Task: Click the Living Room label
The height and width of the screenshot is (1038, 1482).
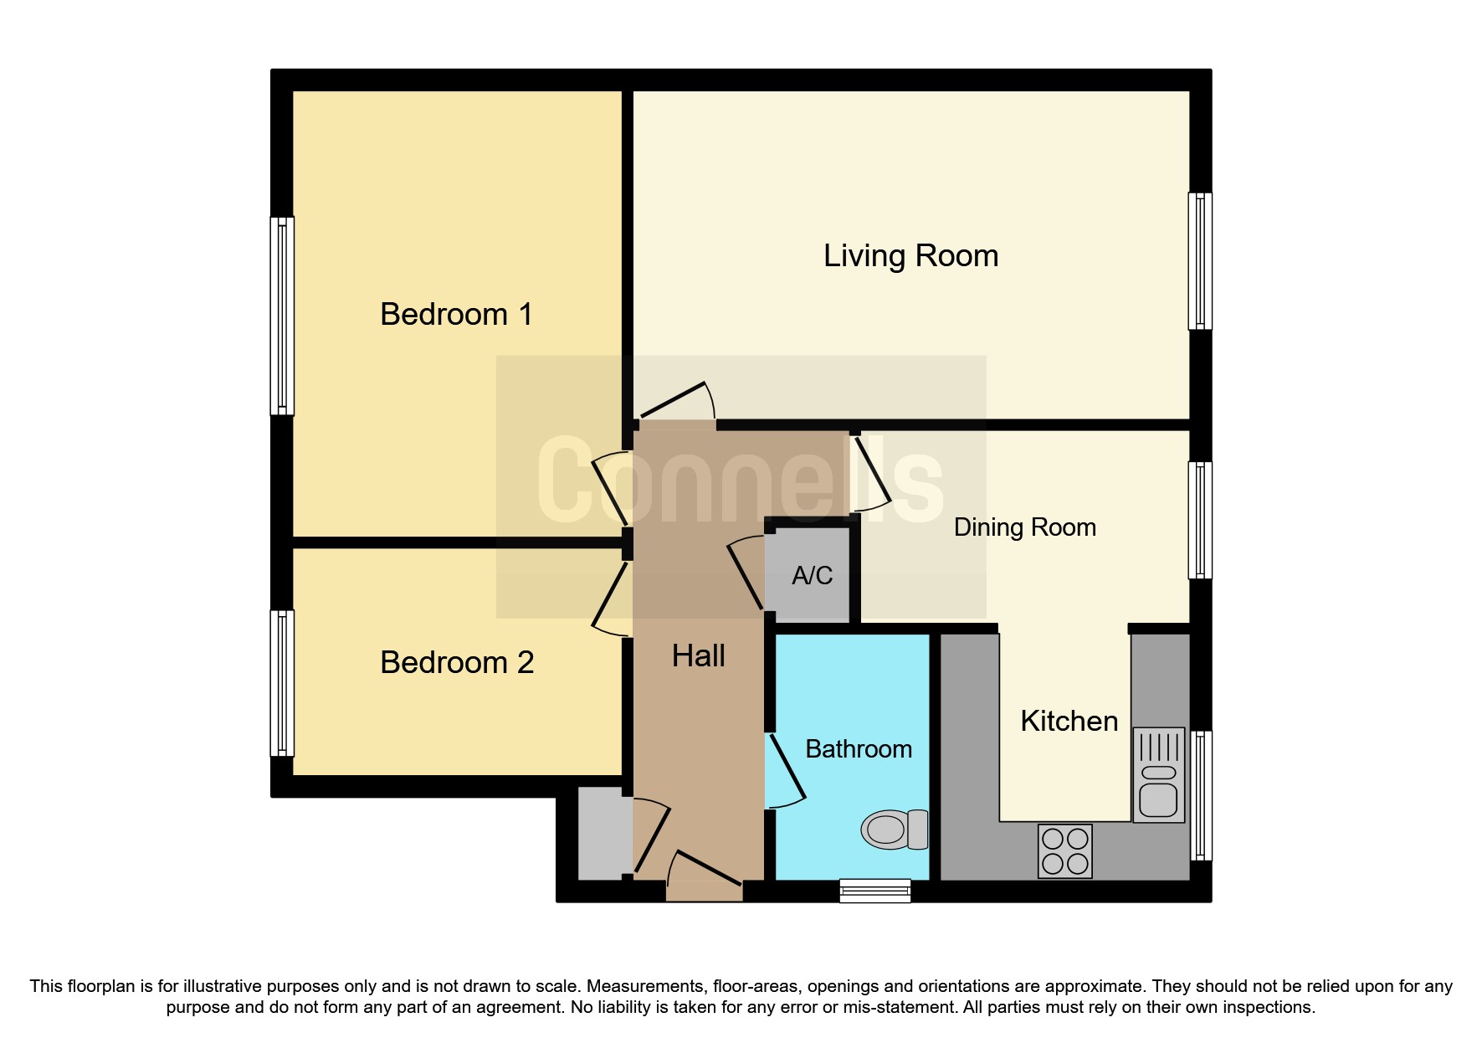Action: (910, 256)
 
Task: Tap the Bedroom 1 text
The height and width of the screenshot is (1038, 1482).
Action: (456, 315)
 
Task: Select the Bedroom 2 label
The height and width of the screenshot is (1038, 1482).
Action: (456, 663)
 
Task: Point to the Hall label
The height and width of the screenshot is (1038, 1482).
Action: (698, 656)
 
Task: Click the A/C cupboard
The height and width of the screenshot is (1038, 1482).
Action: (810, 575)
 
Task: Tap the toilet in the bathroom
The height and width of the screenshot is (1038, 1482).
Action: (895, 830)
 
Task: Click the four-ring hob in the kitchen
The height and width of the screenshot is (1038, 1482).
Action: (1064, 851)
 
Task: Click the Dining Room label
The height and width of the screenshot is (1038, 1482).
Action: (1024, 527)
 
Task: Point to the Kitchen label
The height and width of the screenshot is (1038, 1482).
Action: (1069, 722)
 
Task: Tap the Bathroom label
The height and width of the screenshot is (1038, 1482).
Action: (858, 749)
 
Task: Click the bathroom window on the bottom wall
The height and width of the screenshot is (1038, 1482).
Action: (874, 891)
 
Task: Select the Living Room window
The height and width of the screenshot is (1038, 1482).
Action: (1200, 261)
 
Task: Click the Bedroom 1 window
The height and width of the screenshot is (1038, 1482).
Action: (282, 316)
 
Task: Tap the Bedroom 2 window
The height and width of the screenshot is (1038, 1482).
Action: (282, 683)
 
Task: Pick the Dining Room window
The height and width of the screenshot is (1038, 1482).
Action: (1200, 520)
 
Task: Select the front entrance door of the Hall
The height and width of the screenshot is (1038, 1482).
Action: (704, 879)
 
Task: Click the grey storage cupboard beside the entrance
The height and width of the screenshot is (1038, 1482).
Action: (604, 834)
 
